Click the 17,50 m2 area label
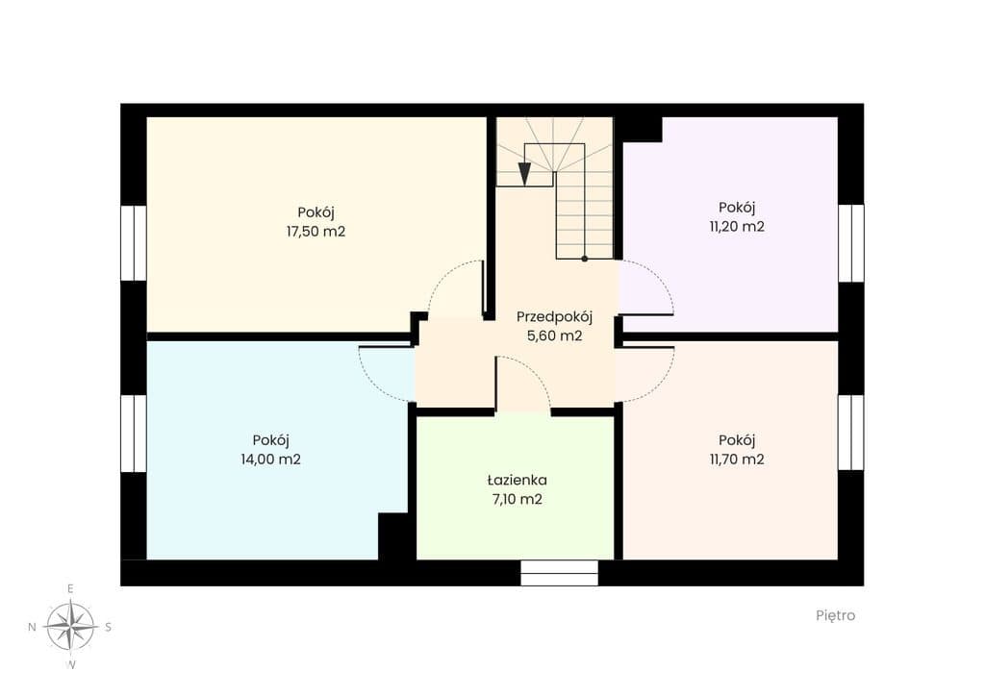[316, 232]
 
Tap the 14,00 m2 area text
[270, 460]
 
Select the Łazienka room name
[517, 480]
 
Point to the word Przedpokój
[554, 317]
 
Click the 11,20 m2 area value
[737, 227]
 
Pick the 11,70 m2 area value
[737, 460]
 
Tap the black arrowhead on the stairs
[524, 174]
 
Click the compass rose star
[71, 626]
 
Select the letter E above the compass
[70, 588]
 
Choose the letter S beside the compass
[108, 627]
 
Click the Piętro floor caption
[836, 615]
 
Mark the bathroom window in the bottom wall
[559, 573]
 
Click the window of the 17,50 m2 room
[133, 243]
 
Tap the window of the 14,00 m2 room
[133, 433]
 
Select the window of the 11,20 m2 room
[851, 243]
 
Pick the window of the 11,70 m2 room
[851, 433]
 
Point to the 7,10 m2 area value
[517, 500]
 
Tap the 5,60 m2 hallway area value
[554, 336]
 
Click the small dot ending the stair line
[584, 259]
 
